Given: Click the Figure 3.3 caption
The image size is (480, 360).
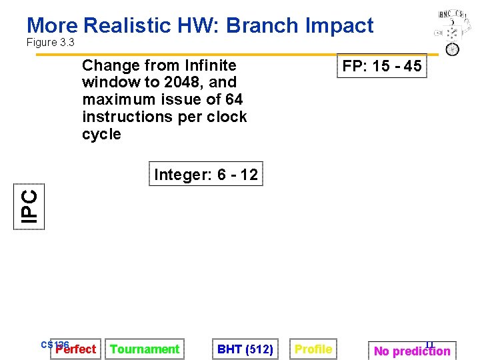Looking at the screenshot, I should click(x=50, y=43).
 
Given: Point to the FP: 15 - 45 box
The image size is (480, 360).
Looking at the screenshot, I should click(x=381, y=66).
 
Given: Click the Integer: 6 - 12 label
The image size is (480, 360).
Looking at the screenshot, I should click(x=205, y=175).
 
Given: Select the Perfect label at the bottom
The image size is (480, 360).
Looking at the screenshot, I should click(x=75, y=349).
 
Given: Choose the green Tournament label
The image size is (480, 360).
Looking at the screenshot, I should click(x=145, y=349).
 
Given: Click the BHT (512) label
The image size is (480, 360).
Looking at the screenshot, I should click(x=245, y=349).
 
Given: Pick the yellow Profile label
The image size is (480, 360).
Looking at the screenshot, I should click(x=313, y=349).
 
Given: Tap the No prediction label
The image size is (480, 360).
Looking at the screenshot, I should click(x=412, y=351).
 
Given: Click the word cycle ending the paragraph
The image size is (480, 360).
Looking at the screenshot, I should click(x=101, y=134).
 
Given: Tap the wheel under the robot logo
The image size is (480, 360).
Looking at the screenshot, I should click(x=452, y=49).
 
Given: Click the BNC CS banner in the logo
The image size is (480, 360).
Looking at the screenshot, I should click(x=451, y=14).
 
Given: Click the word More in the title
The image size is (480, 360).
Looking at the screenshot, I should click(x=52, y=25).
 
